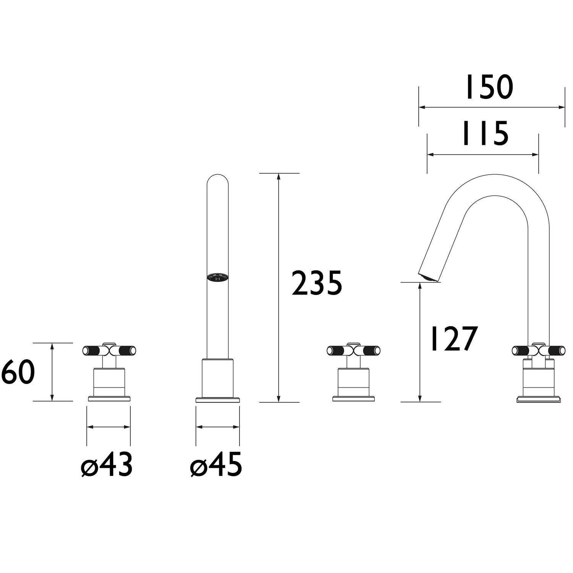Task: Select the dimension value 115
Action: (485, 134)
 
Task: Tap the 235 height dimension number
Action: (317, 283)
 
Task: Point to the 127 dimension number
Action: (453, 338)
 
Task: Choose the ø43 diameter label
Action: (107, 465)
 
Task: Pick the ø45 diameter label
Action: (216, 465)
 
